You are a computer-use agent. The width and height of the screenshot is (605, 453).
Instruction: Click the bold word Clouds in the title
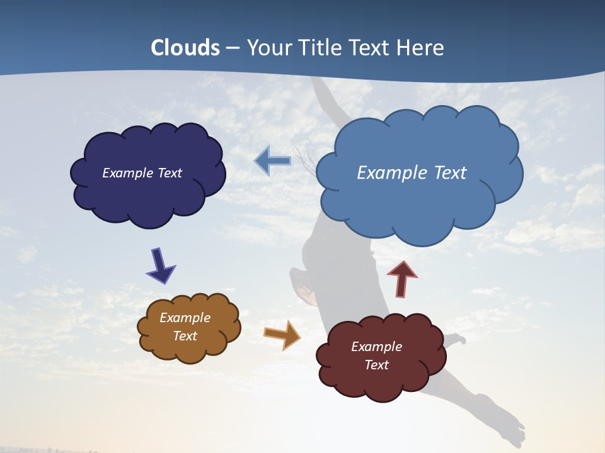(185, 48)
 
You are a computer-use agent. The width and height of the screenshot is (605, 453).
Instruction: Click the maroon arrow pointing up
(401, 278)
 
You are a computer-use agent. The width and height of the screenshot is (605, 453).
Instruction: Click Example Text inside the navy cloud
(142, 173)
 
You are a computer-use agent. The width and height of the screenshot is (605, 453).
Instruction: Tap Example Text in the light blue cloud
(412, 173)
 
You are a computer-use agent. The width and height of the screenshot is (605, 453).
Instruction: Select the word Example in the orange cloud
(185, 318)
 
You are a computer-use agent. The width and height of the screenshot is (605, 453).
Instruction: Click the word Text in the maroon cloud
(376, 365)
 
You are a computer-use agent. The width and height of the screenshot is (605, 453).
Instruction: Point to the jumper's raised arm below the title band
(331, 101)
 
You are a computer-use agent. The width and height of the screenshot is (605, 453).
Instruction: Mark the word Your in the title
(264, 48)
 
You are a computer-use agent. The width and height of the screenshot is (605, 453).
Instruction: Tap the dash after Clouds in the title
(233, 48)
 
